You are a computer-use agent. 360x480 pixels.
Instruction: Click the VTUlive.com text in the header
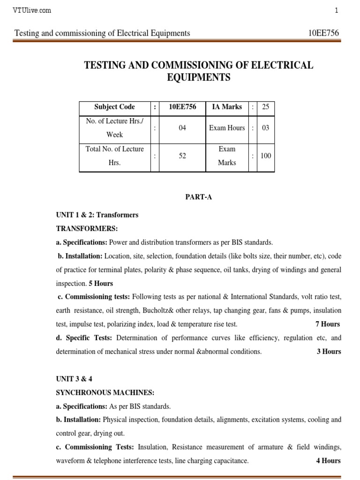pos(32,10)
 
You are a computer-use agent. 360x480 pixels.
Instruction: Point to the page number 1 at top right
pos(336,10)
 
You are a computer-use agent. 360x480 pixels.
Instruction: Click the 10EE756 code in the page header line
pos(323,33)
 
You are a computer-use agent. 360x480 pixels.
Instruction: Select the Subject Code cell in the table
pos(114,107)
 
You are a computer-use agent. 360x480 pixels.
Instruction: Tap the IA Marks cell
pos(227,107)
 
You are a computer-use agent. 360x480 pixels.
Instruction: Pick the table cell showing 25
pos(265,107)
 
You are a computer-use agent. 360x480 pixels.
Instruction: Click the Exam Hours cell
pos(227,127)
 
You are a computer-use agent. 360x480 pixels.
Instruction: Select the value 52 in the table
pos(183,156)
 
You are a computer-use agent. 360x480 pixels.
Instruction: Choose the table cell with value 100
pos(265,156)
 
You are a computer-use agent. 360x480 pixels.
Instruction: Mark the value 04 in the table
pos(183,127)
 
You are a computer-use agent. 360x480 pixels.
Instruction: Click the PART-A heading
pos(199,197)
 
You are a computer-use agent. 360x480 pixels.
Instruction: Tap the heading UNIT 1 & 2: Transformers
pos(97,215)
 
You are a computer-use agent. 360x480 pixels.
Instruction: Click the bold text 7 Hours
pos(328,324)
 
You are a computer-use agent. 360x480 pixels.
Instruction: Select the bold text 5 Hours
pos(101,284)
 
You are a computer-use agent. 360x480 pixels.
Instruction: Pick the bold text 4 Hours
pos(328,460)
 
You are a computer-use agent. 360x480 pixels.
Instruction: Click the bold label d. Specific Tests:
pos(84,338)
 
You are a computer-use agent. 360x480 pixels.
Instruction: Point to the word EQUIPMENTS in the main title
pos(199,78)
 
